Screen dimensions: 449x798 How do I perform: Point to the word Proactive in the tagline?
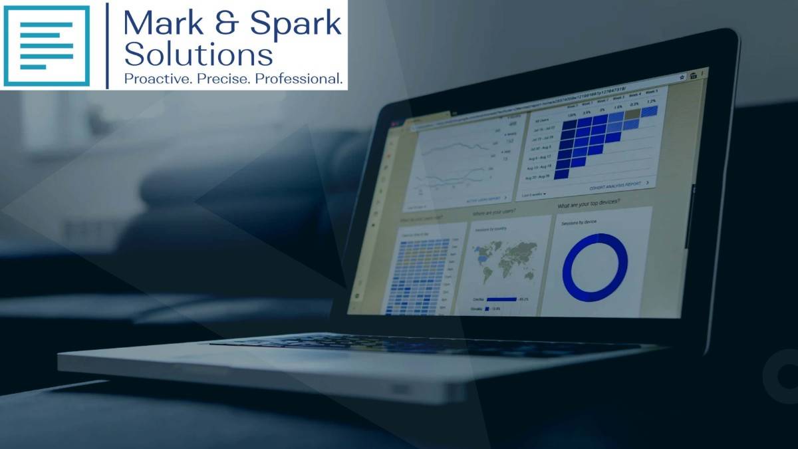(x=156, y=78)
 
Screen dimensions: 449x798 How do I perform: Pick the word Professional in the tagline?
(x=301, y=78)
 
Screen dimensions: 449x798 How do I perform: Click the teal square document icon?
(x=46, y=45)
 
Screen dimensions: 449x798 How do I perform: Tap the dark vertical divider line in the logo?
(x=107, y=45)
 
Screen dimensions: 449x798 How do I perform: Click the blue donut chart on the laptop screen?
(x=595, y=267)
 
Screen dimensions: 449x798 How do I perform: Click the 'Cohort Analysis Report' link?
(x=614, y=184)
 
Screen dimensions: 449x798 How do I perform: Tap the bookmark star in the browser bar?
(x=681, y=78)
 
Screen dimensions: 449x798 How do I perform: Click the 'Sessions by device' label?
(x=579, y=222)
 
